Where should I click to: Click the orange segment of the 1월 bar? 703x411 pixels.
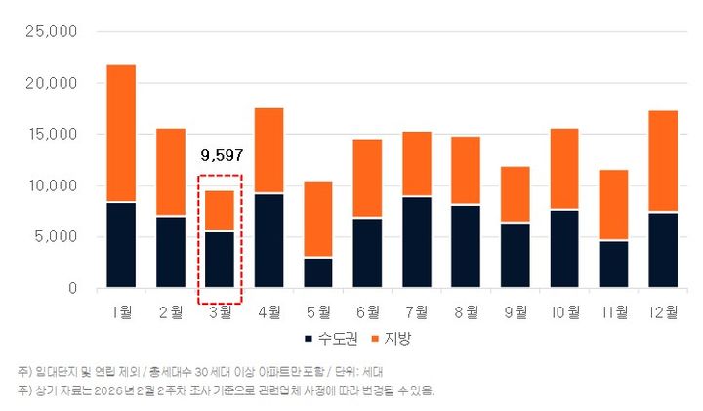[x=121, y=134]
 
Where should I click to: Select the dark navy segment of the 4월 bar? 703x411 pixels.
[x=269, y=240]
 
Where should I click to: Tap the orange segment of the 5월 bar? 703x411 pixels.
[x=318, y=219]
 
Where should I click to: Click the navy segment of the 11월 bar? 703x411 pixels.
[x=614, y=264]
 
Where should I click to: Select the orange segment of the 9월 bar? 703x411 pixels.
[x=516, y=194]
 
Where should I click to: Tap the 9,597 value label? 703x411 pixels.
[x=222, y=154]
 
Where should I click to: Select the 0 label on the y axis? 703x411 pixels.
[x=72, y=288]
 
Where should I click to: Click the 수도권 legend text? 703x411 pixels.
[x=338, y=339]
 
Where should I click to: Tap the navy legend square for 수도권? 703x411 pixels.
[x=309, y=339]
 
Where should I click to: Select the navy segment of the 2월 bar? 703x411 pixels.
[x=171, y=252]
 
